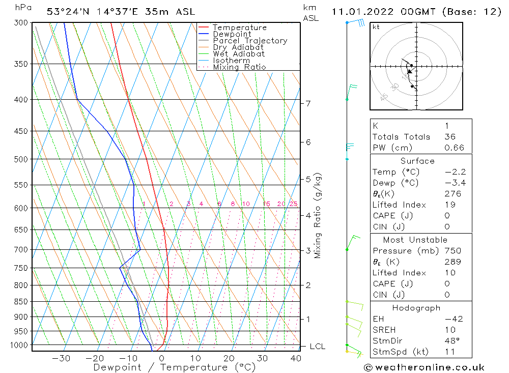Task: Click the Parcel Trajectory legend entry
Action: [x=250, y=41]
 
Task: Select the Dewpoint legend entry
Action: [x=232, y=34]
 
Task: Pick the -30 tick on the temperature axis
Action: [x=61, y=358]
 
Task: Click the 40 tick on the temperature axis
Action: [x=296, y=358]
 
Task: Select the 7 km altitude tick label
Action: [x=308, y=104]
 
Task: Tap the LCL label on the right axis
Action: [x=317, y=347]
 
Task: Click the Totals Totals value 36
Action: [x=450, y=136]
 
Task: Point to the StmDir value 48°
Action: [x=451, y=341]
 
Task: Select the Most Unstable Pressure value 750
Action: [x=453, y=250]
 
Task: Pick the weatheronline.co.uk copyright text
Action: [x=424, y=367]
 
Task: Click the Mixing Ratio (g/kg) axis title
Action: [x=318, y=216]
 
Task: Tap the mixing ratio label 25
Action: [x=293, y=204]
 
